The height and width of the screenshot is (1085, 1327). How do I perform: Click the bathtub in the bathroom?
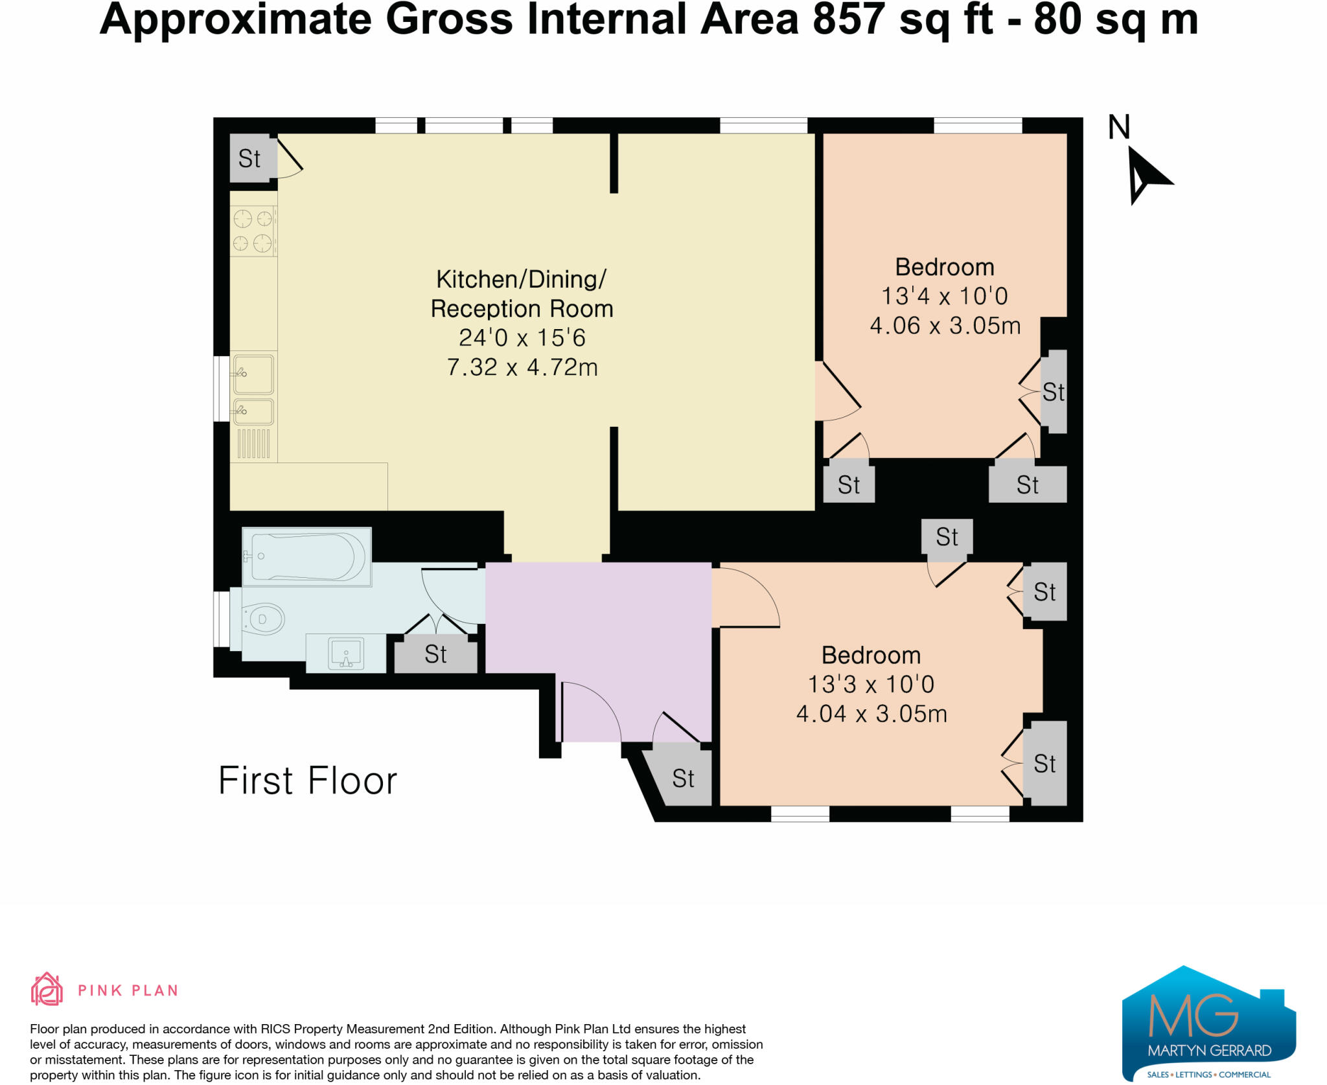pos(306,557)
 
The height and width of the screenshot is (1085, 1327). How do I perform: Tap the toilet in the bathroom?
pos(262,619)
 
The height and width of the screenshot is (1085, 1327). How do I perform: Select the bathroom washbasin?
pos(346,653)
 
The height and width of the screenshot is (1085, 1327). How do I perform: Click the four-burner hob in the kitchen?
pos(253,231)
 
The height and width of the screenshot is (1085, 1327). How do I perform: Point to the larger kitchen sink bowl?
pos(253,374)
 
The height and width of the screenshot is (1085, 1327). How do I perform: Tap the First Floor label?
pos(307,781)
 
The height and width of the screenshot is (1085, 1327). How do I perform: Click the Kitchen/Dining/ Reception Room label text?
pos(522,293)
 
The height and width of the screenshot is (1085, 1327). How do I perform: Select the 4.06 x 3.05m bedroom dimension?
pos(945,325)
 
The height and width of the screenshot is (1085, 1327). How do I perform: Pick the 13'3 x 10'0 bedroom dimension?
pos(871,684)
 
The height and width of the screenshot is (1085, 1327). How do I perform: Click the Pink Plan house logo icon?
pos(47,989)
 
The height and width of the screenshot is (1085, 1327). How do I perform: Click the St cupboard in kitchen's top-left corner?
pos(250,159)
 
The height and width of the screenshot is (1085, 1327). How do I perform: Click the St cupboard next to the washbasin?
pos(435,654)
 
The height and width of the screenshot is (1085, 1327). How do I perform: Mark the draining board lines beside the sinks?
pos(253,444)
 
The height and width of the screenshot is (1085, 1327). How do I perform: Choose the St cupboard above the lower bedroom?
pos(947,536)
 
